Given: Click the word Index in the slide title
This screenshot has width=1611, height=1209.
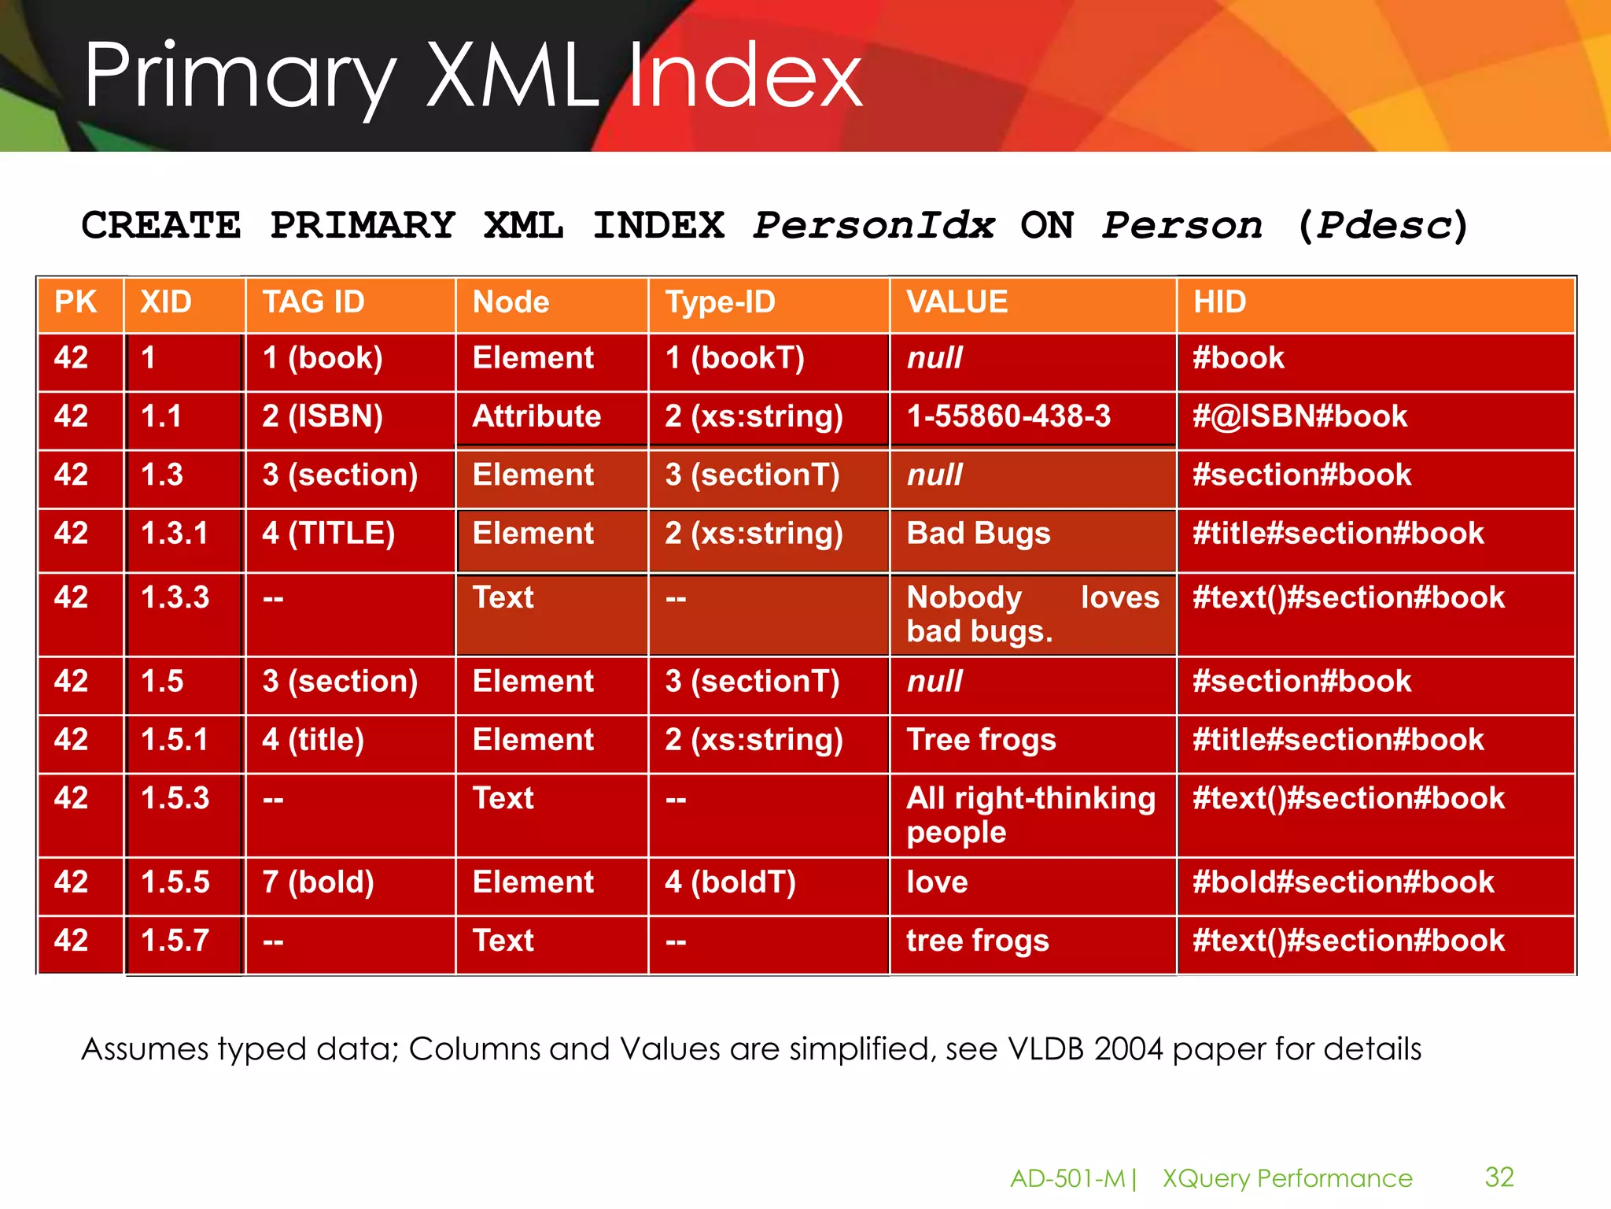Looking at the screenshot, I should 746,76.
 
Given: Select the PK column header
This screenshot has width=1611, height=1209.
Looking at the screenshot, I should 76,302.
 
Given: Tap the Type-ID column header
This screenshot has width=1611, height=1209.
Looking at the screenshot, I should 721,302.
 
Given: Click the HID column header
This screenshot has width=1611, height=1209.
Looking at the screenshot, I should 1220,302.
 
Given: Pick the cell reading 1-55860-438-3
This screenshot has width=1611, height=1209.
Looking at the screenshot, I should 1008,416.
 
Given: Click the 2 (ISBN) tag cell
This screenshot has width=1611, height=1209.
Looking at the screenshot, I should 323,416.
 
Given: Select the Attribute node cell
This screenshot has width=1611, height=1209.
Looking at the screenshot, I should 536,416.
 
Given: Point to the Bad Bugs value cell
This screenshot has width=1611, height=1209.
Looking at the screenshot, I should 979,534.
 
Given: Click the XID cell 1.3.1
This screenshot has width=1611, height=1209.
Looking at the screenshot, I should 175,534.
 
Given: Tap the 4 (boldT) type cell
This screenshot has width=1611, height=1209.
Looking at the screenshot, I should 731,882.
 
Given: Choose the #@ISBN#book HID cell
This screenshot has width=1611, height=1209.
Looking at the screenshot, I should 1299,416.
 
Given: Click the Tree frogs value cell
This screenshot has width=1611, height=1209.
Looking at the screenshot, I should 981,740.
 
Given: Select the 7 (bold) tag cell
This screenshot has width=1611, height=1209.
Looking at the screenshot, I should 319,882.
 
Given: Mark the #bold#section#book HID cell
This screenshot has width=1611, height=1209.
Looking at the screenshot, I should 1343,882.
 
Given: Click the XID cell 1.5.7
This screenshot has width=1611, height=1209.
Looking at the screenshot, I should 175,941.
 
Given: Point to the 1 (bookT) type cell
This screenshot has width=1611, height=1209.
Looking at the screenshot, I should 735,358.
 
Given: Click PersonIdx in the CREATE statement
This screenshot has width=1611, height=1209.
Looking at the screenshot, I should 874,226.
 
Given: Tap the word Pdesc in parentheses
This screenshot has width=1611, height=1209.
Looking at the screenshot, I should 1384,226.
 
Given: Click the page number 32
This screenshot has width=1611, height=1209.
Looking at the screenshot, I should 1499,1177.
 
